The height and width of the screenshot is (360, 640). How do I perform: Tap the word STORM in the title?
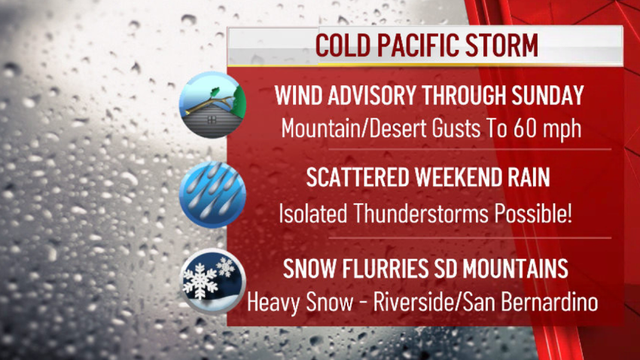[x=502, y=45]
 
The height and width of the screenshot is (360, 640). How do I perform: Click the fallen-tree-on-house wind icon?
[x=212, y=105]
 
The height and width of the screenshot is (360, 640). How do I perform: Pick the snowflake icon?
[x=212, y=281]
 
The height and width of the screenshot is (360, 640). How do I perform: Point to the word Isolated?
[x=312, y=213]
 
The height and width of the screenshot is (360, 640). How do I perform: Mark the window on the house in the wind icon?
[x=212, y=120]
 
